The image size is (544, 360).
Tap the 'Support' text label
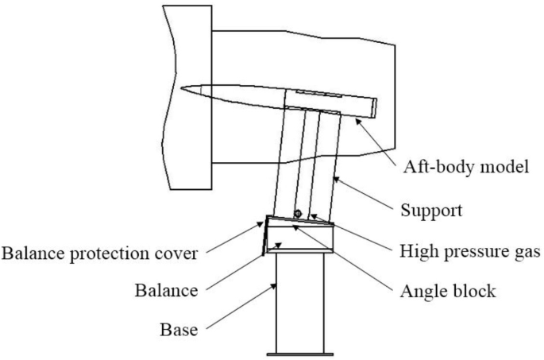429,211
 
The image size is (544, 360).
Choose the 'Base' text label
179,327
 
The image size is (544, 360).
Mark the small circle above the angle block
297,213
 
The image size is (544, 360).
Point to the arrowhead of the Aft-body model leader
358,119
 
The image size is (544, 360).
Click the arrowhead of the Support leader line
334,179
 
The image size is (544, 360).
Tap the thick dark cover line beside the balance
262,238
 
